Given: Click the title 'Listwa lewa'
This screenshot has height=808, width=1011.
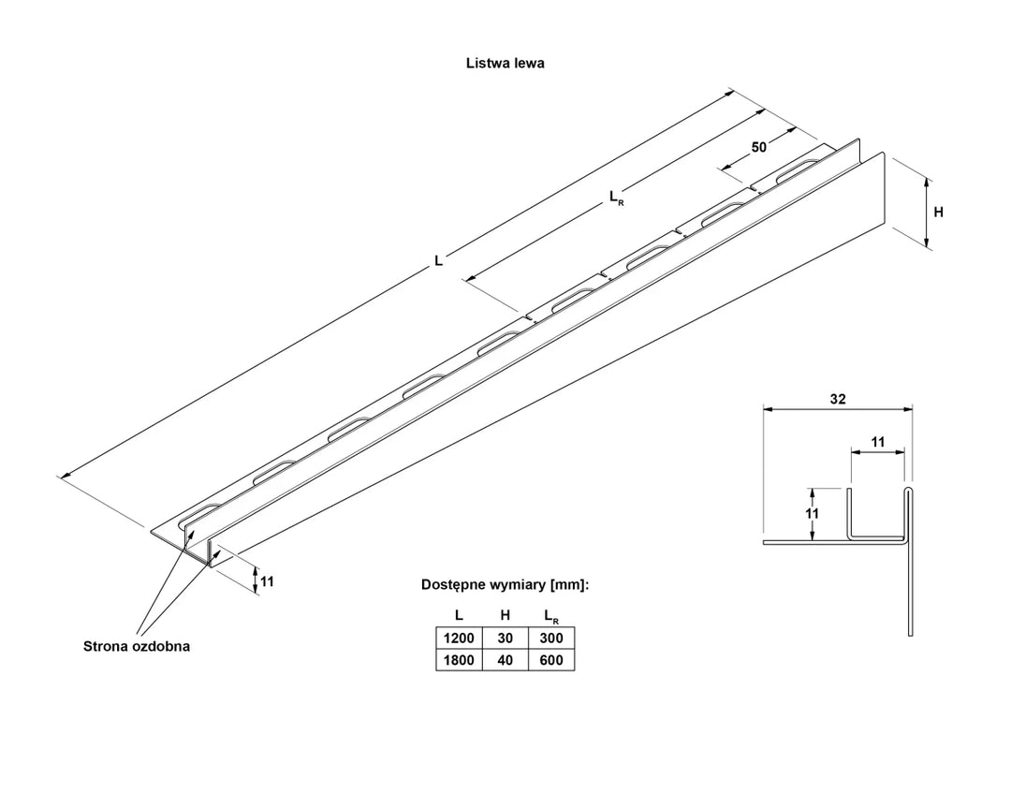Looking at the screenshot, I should click(505, 64).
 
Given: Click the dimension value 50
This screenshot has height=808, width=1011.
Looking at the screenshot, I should click(759, 147).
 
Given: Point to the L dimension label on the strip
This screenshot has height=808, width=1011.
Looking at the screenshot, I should click(438, 261).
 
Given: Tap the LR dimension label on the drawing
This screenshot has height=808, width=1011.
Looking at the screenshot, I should click(615, 197).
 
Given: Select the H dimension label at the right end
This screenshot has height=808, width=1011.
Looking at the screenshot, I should click(938, 213).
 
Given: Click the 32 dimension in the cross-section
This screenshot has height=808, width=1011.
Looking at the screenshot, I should click(837, 399).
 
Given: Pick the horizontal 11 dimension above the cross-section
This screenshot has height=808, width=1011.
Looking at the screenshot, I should click(877, 440).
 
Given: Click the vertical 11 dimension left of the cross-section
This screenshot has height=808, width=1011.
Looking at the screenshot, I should click(813, 513).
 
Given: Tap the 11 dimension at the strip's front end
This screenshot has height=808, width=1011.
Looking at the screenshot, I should click(267, 581).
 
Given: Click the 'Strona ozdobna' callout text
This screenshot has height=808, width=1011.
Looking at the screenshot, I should click(137, 646).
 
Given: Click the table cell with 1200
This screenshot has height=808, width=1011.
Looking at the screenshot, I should click(459, 638).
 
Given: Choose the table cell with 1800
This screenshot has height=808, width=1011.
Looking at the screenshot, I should click(459, 660).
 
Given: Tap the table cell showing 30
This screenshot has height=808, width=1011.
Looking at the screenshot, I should click(505, 638).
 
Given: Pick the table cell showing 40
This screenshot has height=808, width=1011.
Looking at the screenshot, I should click(505, 660).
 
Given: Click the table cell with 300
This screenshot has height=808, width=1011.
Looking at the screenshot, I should click(551, 638).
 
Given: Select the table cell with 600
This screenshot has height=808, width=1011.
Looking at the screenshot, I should click(551, 660).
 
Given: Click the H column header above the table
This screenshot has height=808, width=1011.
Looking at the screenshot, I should click(505, 615).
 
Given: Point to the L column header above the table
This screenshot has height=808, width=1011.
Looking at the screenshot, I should click(459, 615).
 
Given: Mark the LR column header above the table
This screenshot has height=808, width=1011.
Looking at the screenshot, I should click(550, 616).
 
